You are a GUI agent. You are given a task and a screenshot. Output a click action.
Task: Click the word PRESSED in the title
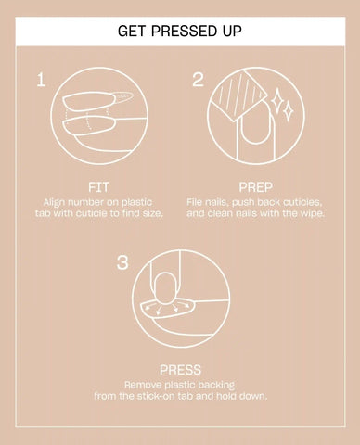(179, 31)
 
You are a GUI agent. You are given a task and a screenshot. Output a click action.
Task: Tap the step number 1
(41, 80)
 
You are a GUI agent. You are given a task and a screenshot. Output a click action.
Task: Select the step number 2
(199, 80)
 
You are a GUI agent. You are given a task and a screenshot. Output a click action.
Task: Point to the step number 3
(122, 262)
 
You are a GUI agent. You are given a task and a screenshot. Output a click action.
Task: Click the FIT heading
(98, 187)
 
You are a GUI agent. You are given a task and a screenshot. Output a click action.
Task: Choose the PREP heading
(255, 187)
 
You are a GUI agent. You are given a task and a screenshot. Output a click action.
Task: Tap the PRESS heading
(180, 370)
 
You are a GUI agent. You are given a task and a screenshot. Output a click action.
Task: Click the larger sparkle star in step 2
(277, 101)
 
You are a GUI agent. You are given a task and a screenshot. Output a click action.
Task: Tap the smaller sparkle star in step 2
(288, 111)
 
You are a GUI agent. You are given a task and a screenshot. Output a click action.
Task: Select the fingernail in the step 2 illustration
(256, 127)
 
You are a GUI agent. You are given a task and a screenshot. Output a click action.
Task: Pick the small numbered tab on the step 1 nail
(123, 96)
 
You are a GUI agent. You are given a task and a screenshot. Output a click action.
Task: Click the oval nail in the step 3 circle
(165, 288)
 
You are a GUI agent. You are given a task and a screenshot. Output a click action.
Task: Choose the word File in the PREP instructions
(194, 202)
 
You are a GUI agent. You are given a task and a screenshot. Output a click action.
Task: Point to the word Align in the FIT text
(54, 203)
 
